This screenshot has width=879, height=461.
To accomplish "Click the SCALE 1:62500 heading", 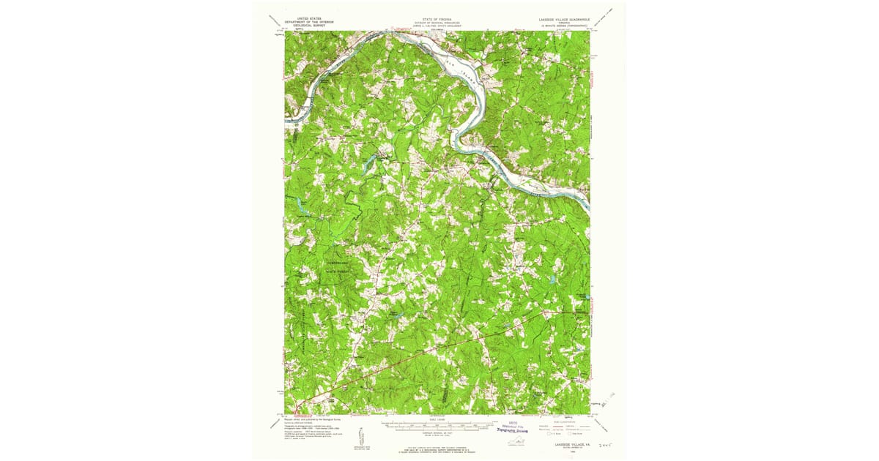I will point(438,419).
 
